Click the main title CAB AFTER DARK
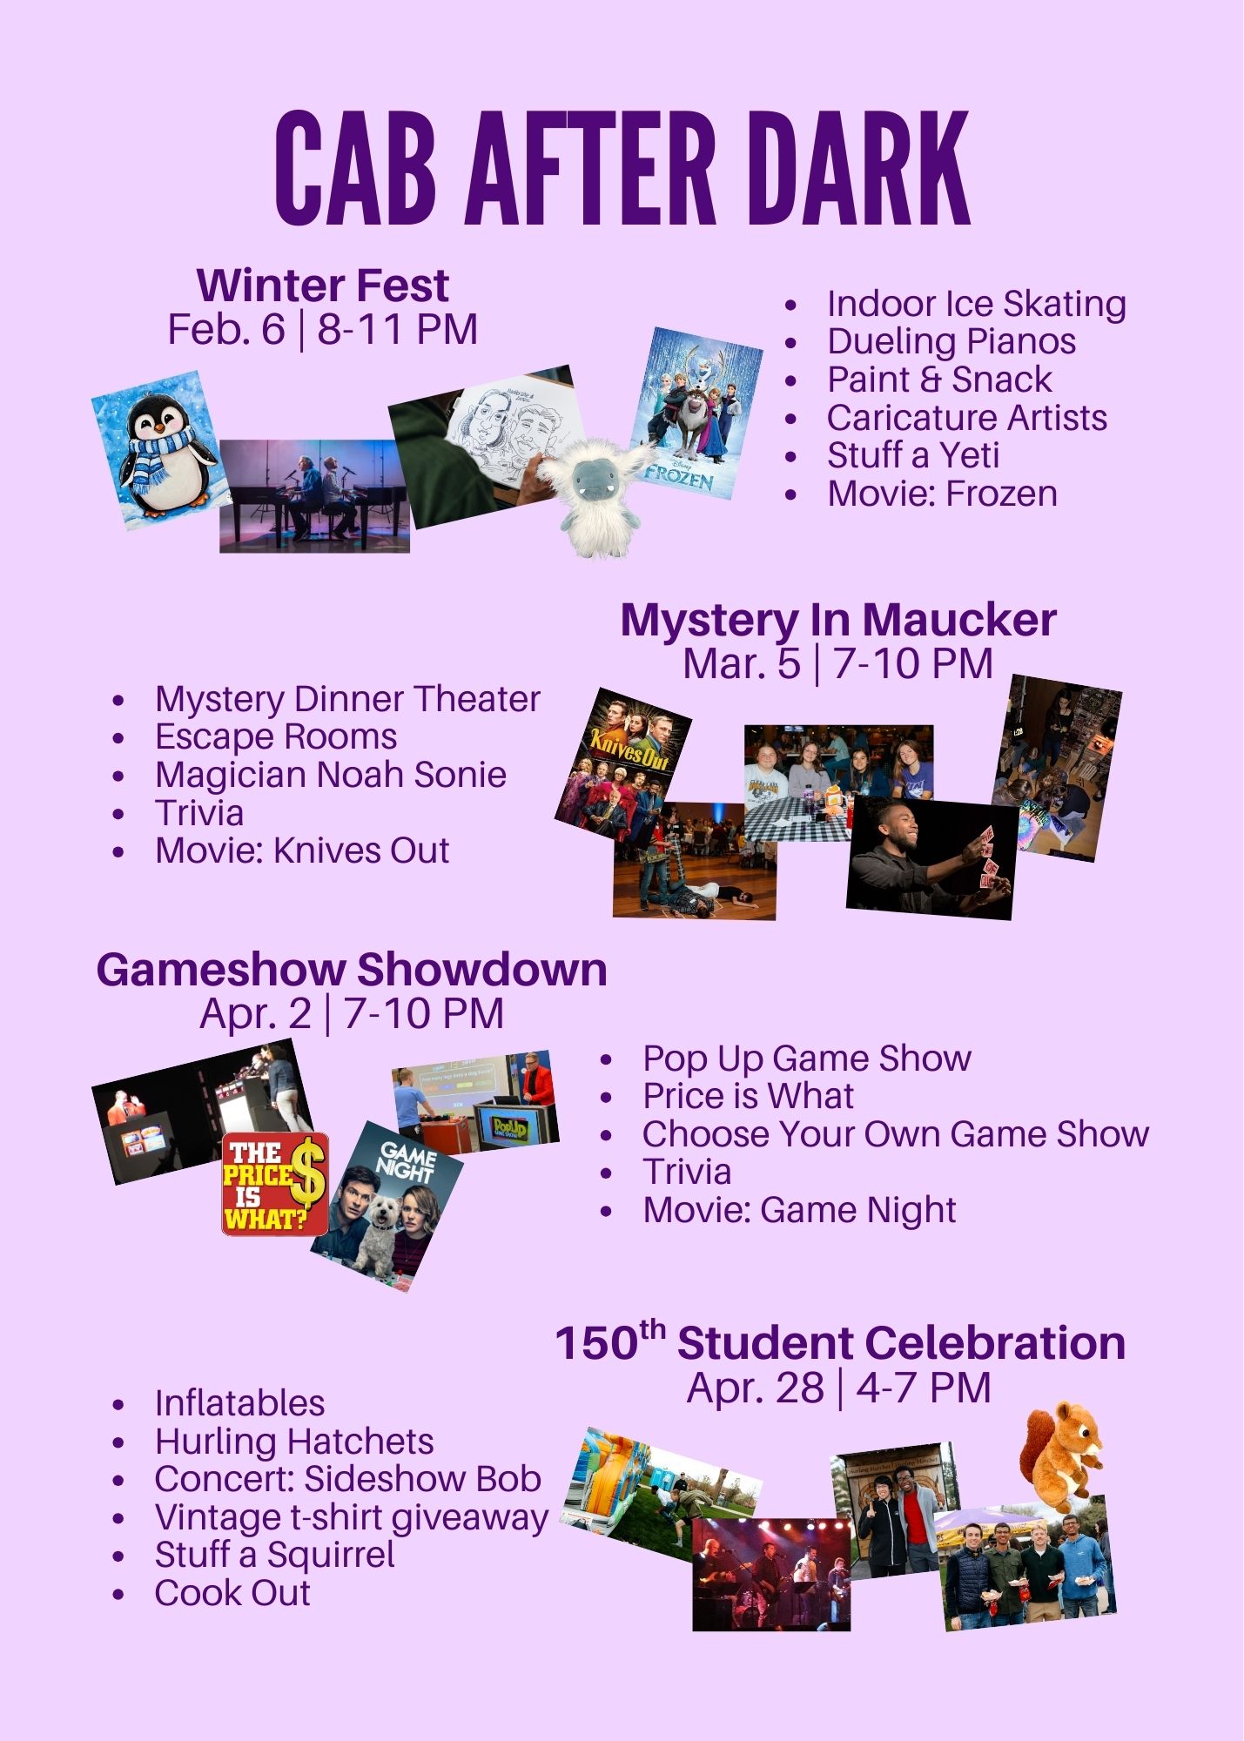pos(622,168)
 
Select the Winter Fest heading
pos(323,286)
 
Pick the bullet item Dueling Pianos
pos(951,341)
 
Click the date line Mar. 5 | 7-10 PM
pos(837,663)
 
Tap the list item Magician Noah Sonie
pos(331,775)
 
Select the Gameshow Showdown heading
pos(352,969)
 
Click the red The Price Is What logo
pos(275,1184)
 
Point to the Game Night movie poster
pos(388,1207)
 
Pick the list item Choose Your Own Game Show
pos(896,1134)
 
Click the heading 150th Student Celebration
pos(840,1342)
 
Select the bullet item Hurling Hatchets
pos(294,1442)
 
